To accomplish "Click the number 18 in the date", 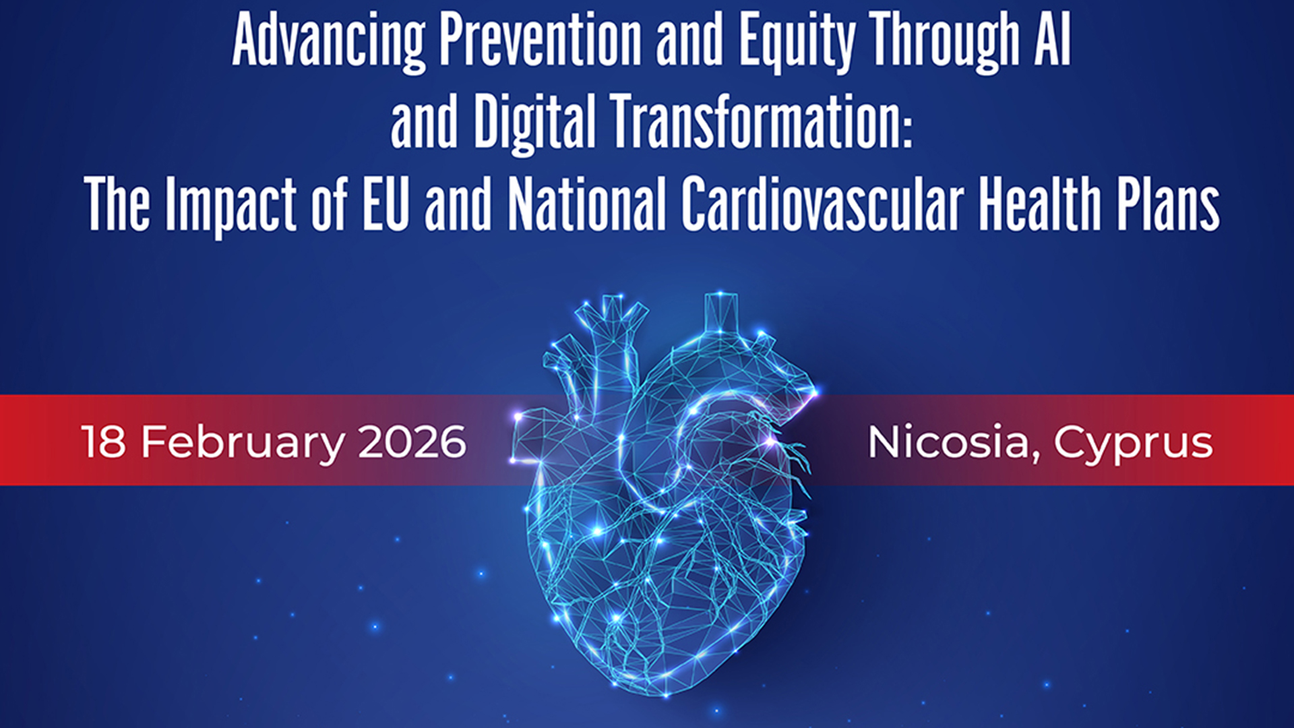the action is coord(103,442).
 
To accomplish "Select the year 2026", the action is coord(412,442).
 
